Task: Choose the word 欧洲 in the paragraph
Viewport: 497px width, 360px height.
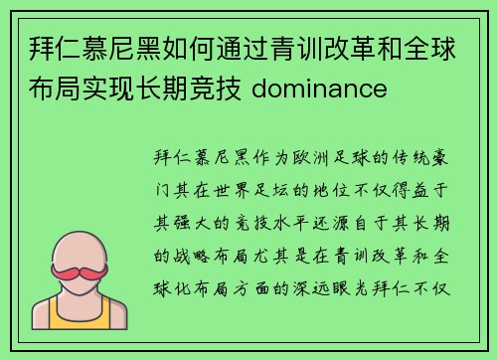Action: point(294,159)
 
